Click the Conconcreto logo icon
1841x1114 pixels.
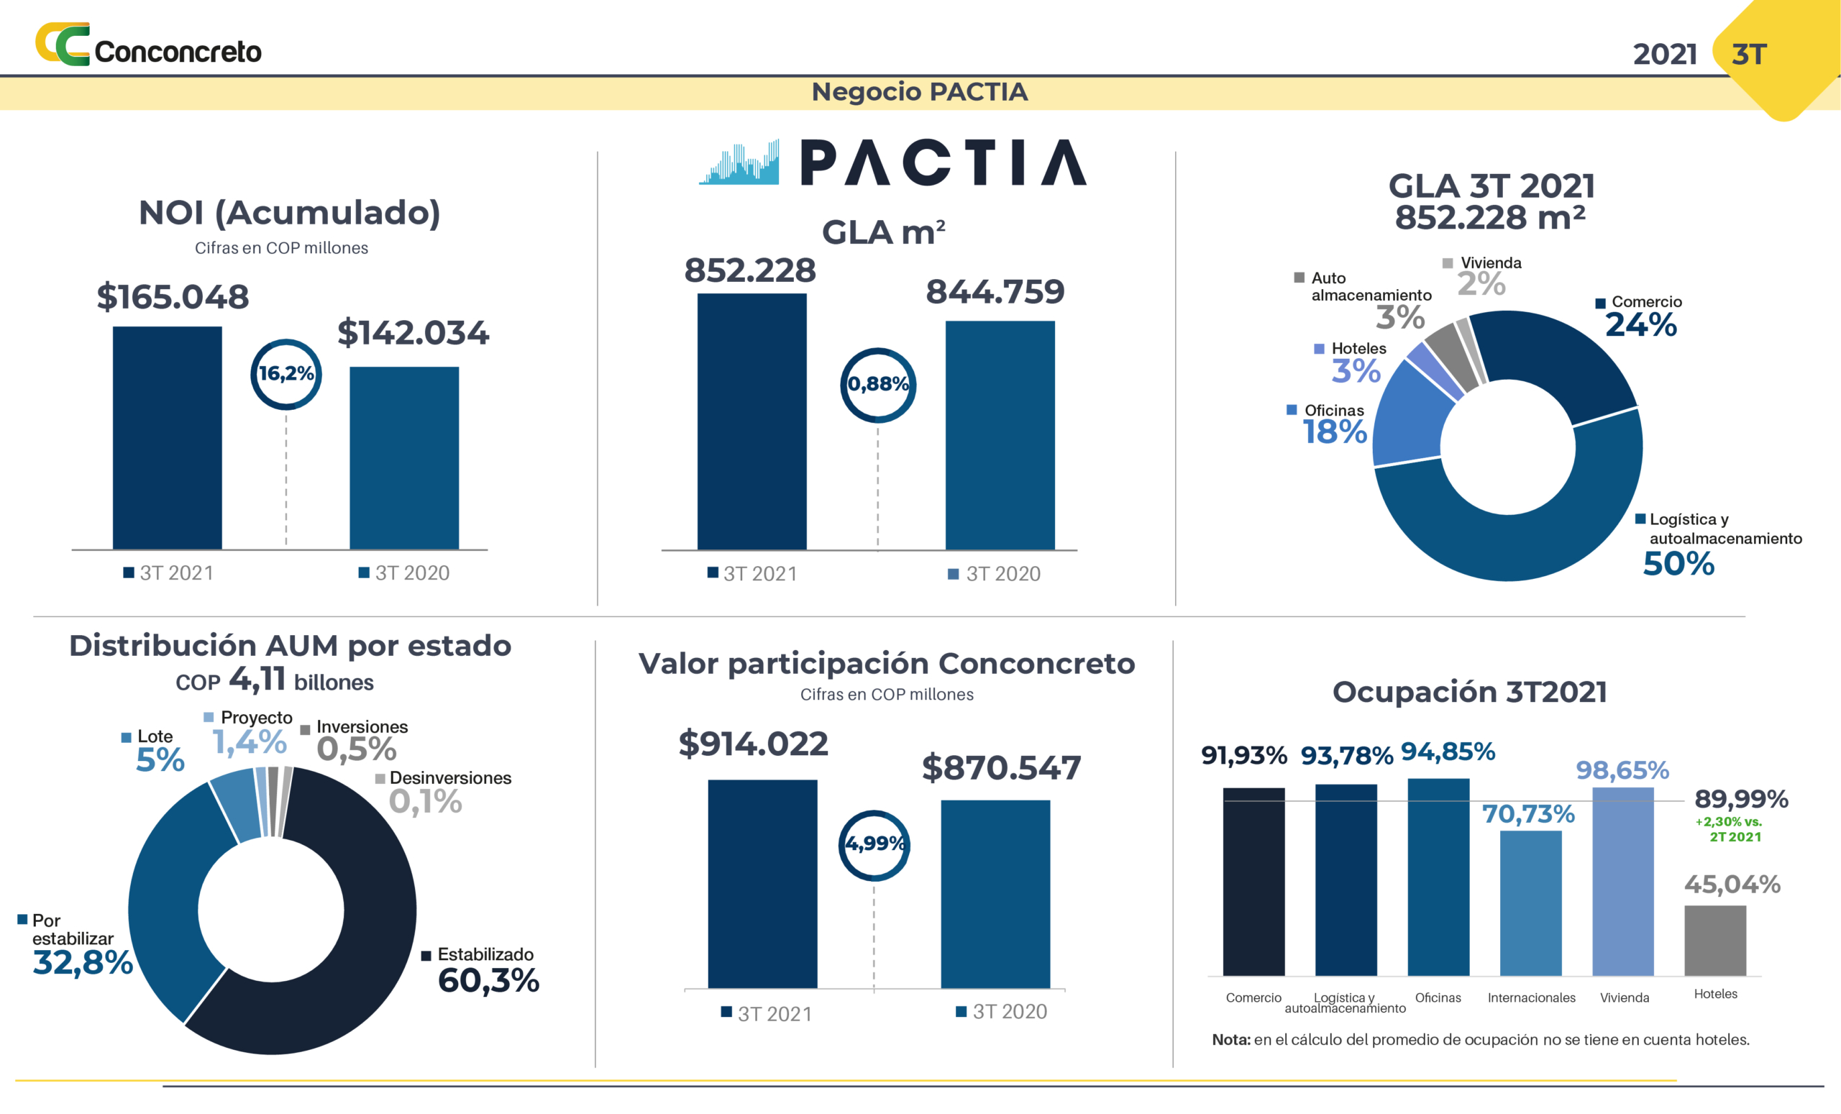63,44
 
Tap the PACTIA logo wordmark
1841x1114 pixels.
943,162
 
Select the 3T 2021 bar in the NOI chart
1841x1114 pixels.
168,437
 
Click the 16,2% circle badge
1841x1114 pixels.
285,373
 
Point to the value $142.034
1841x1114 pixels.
414,333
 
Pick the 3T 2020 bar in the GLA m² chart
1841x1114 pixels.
1000,435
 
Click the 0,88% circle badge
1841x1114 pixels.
878,385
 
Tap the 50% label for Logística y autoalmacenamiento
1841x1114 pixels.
1678,563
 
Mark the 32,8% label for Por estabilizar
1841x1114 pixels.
82,962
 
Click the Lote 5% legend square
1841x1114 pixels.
127,737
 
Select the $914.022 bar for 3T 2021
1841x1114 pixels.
762,883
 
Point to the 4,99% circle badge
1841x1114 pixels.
874,845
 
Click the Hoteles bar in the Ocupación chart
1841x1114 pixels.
1714,940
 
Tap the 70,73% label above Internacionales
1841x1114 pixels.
1529,813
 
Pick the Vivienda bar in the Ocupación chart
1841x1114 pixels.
1623,882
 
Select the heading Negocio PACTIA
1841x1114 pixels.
920,92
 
